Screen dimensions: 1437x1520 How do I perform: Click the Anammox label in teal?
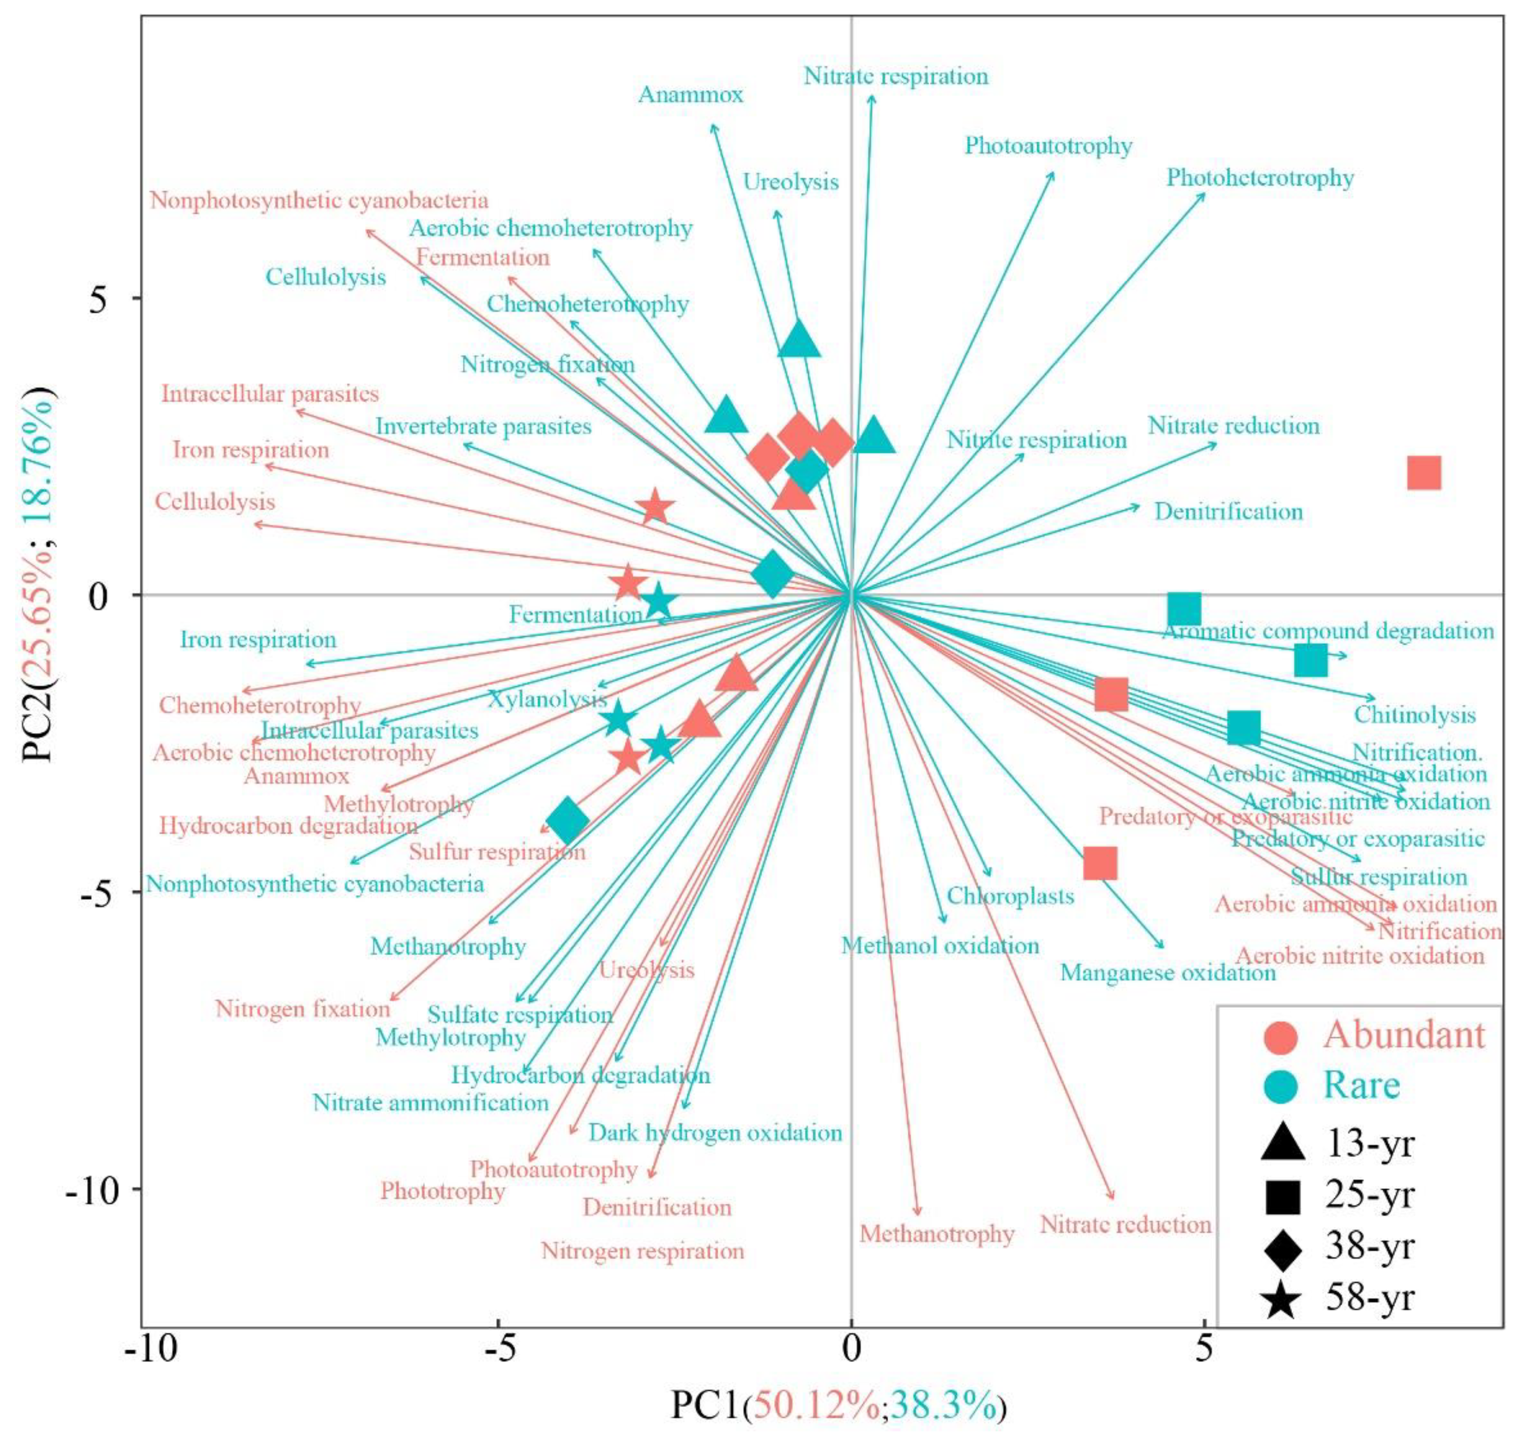tap(690, 94)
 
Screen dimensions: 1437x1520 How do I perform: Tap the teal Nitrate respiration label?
tap(896, 76)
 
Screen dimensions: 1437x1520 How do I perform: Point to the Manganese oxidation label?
tap(1168, 973)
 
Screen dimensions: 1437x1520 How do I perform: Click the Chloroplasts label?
tap(1010, 896)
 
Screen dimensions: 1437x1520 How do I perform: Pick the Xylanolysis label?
tap(547, 699)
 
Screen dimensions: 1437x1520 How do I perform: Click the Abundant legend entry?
tap(1403, 1036)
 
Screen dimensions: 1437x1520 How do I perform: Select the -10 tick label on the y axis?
tap(95, 1189)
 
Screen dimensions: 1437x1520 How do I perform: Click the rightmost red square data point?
tap(1424, 473)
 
